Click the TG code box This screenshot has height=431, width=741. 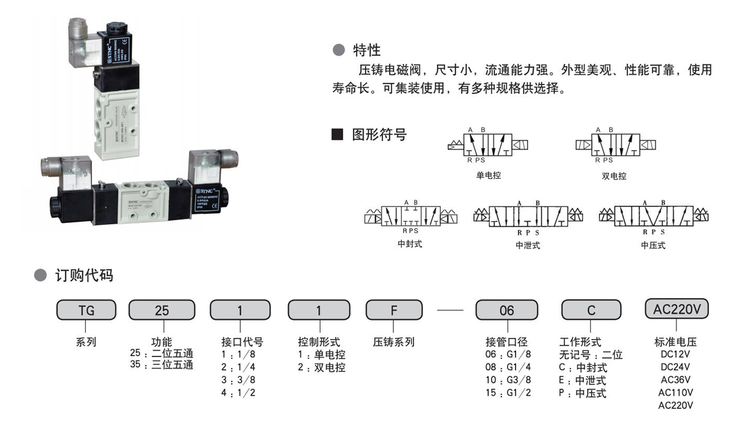click(x=86, y=310)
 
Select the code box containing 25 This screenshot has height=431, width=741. click(x=161, y=310)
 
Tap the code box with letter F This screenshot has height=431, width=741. click(x=394, y=310)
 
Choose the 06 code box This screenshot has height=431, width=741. click(x=506, y=310)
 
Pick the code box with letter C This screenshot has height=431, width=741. click(x=591, y=310)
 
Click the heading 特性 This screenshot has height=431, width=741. click(x=366, y=50)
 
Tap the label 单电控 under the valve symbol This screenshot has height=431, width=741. click(x=488, y=175)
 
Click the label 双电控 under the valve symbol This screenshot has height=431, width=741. click(x=614, y=176)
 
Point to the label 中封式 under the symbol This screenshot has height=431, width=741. click(x=411, y=244)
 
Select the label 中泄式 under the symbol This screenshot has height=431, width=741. click(x=527, y=245)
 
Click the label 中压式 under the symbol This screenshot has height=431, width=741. click(x=653, y=245)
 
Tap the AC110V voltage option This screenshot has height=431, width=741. click(x=676, y=392)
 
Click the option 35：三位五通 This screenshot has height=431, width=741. click(x=161, y=365)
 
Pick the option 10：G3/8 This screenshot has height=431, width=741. click(x=508, y=380)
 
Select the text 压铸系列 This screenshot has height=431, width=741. click(x=394, y=341)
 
